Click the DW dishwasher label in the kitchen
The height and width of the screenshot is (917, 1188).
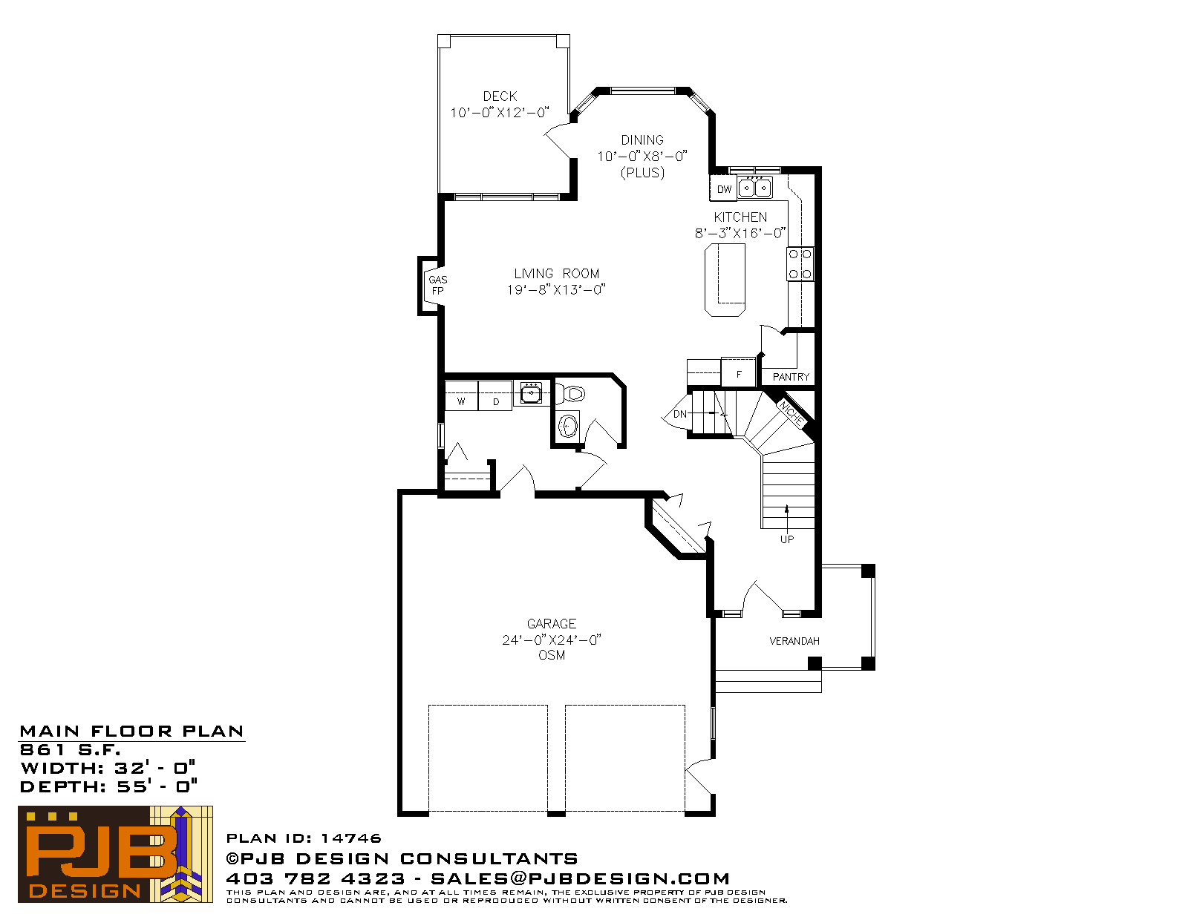[724, 189]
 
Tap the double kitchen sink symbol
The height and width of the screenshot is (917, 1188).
[755, 188]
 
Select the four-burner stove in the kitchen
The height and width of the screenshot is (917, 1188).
[800, 264]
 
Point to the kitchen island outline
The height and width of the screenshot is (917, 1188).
[725, 280]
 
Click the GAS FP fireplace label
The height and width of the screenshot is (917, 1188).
[438, 285]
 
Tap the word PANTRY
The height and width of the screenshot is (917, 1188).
[791, 377]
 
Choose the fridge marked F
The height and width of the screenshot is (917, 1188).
[739, 372]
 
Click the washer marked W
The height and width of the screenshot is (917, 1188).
[461, 395]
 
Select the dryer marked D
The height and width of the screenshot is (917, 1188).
[495, 395]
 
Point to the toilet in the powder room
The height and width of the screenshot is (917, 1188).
[571, 392]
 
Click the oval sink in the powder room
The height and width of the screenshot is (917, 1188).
[569, 426]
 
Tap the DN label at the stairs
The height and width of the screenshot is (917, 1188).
[679, 414]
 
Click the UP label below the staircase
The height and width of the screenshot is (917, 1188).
[787, 539]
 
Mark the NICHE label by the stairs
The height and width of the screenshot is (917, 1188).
[791, 413]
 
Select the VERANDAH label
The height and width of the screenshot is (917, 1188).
[794, 641]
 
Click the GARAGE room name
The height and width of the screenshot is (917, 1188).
[551, 624]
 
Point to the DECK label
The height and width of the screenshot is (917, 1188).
[500, 96]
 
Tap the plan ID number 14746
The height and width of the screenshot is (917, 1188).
[351, 838]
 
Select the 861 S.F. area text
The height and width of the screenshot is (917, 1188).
[70, 750]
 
